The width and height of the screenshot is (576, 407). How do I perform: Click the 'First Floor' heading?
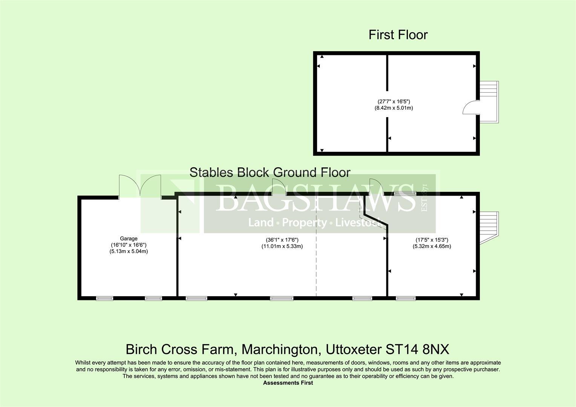pyautogui.click(x=398, y=35)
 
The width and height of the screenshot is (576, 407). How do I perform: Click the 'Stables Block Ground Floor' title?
pyautogui.click(x=270, y=172)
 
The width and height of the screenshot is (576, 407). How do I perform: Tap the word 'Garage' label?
pyautogui.click(x=129, y=238)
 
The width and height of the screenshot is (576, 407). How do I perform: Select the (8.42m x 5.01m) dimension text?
pyautogui.click(x=394, y=108)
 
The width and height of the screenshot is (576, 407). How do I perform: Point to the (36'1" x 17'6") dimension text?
pyautogui.click(x=282, y=240)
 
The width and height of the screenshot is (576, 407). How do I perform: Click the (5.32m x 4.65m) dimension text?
pyautogui.click(x=432, y=246)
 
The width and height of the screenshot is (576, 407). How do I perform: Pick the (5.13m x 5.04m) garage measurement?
pyautogui.click(x=129, y=251)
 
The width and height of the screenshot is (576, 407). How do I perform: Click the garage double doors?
pyautogui.click(x=140, y=186)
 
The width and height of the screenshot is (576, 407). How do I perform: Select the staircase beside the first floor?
pyautogui.click(x=489, y=102)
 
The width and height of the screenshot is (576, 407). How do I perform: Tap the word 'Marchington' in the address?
pyautogui.click(x=279, y=349)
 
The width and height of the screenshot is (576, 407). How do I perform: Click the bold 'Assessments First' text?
pyautogui.click(x=288, y=383)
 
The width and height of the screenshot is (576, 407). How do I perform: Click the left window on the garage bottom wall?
pyautogui.click(x=104, y=298)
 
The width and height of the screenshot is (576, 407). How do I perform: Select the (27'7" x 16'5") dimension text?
pyautogui.click(x=394, y=101)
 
